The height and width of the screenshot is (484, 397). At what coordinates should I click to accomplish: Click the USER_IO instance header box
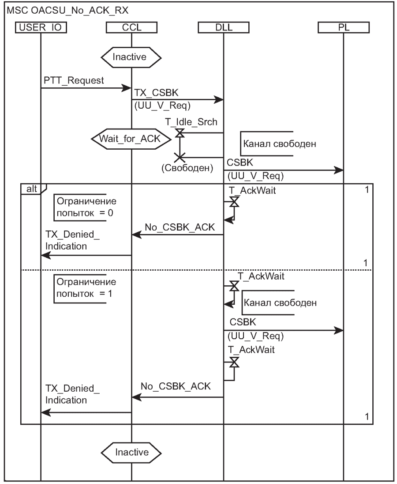[x=41, y=28]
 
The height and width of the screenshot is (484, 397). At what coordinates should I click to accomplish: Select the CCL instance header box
[x=131, y=28]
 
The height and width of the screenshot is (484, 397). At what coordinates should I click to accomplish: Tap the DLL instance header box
[x=223, y=28]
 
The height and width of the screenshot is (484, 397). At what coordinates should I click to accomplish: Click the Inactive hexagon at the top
[x=131, y=57]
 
